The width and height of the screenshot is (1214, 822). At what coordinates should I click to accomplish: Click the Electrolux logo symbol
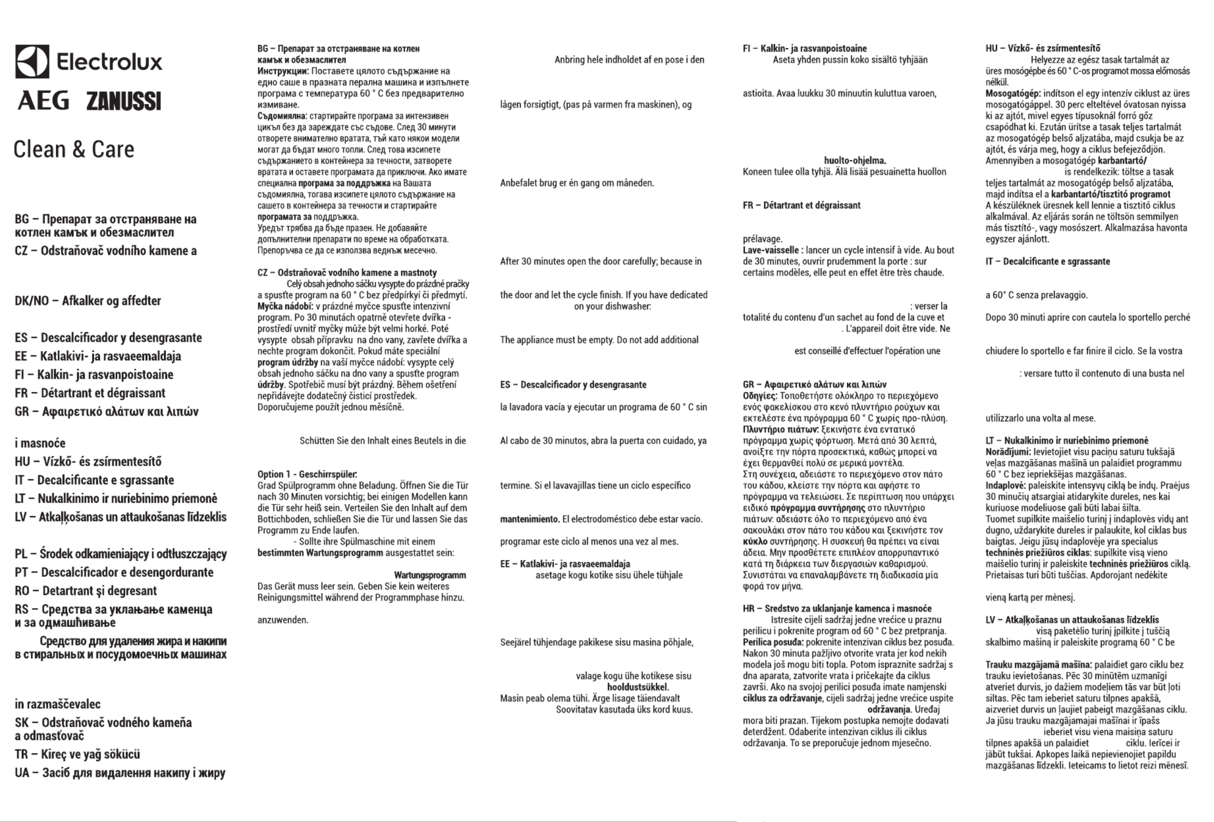(x=32, y=62)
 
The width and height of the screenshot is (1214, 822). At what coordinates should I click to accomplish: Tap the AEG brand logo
(x=44, y=100)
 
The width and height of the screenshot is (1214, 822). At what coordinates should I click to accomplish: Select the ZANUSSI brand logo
(x=123, y=101)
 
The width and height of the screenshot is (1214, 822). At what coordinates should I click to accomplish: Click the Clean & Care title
(x=74, y=150)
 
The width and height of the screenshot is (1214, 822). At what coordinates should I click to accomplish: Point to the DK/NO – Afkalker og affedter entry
(x=88, y=301)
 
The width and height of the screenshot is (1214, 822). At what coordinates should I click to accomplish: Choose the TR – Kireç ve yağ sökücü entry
(x=78, y=754)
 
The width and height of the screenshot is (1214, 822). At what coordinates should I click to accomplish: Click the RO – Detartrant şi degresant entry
(x=86, y=591)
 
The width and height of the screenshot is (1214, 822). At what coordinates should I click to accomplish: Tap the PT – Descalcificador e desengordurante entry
(x=114, y=572)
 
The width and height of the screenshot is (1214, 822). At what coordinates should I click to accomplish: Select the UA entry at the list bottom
(x=120, y=773)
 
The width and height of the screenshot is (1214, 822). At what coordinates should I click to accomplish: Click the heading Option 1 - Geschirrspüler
(x=307, y=475)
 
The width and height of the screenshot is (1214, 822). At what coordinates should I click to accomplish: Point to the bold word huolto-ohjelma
(x=855, y=161)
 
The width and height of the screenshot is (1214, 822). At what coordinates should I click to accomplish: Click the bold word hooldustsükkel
(x=637, y=687)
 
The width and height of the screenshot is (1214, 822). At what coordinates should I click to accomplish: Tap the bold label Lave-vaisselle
(x=772, y=250)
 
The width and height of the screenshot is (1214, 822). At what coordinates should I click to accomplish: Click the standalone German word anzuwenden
(x=282, y=620)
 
